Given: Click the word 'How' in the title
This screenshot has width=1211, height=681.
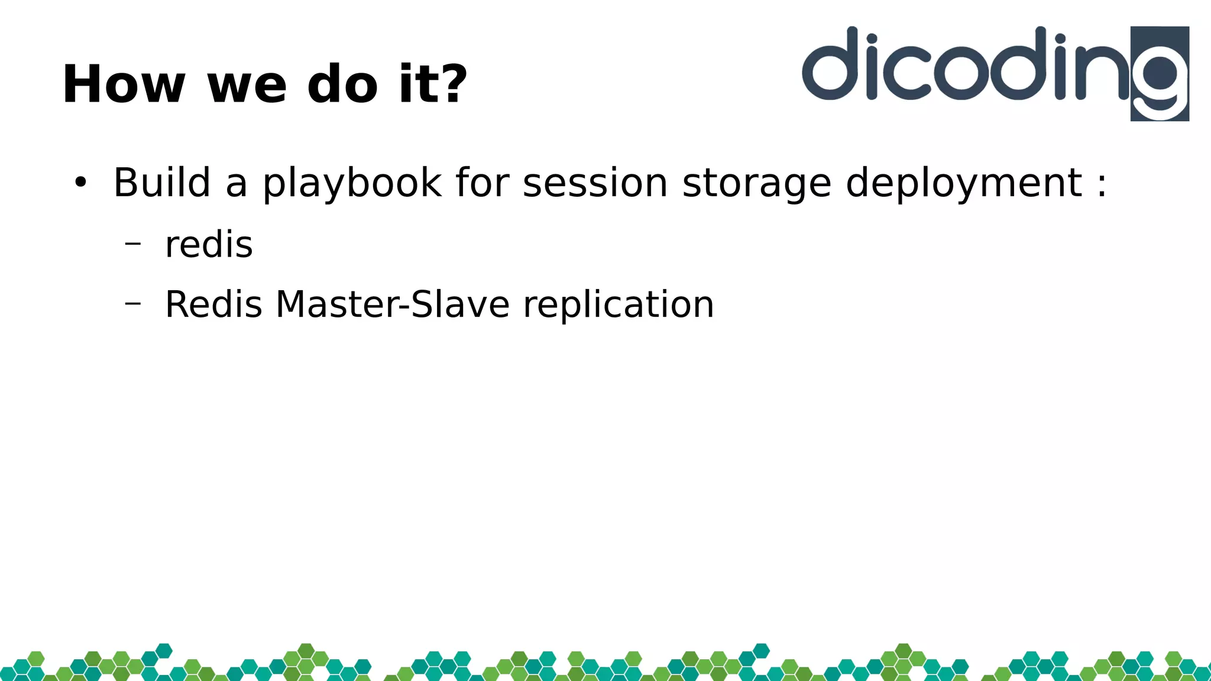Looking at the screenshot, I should (124, 85).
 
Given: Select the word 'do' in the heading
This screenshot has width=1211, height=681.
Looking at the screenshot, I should (342, 85).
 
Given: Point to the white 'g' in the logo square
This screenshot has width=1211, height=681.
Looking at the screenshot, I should (1160, 80).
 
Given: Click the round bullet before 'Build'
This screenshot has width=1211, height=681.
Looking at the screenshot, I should (80, 183).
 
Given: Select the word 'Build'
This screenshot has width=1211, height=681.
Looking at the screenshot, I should (161, 182).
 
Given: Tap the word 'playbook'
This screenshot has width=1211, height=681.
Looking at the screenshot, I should (352, 183).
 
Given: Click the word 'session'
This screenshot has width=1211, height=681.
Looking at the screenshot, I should (595, 182).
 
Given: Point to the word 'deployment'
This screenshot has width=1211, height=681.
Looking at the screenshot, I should (964, 183).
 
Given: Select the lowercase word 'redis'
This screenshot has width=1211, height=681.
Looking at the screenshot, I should (209, 244).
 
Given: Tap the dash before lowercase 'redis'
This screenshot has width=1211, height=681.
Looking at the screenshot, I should (133, 242).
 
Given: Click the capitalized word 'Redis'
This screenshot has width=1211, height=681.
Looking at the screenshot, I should (213, 304).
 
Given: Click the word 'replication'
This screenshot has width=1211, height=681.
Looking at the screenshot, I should (618, 306).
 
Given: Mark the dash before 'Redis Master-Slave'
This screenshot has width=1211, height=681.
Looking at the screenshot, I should (133, 303).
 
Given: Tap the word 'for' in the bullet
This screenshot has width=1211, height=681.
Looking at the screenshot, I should (482, 182).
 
